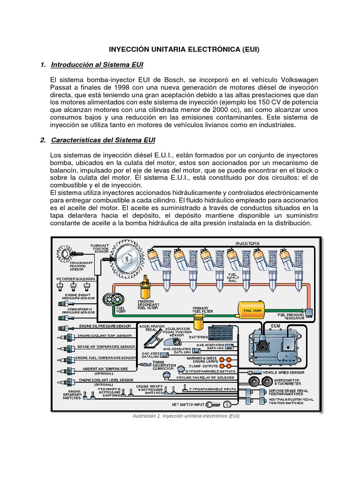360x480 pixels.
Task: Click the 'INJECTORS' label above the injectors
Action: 247,243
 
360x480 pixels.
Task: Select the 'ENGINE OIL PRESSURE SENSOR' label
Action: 105,326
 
